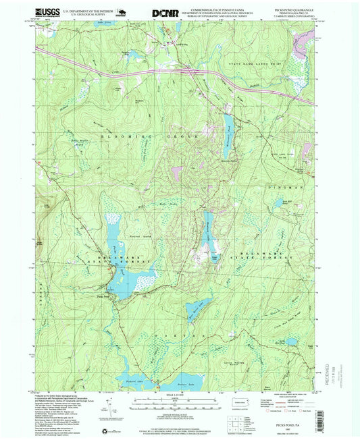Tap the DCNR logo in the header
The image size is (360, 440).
coord(165,12)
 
